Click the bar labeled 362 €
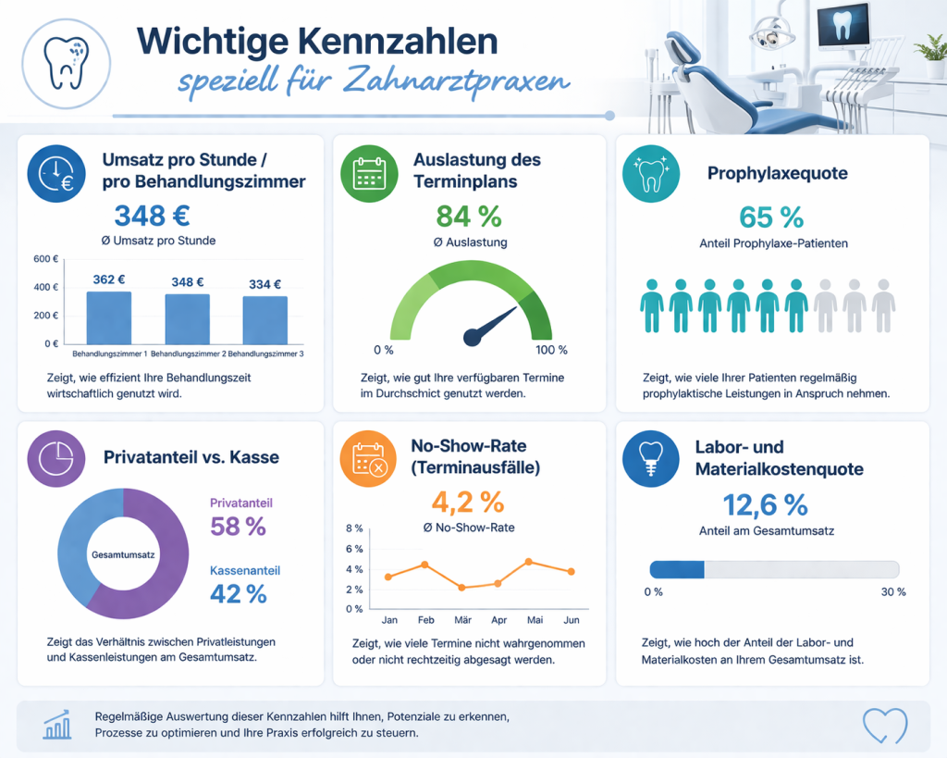coord(109,317)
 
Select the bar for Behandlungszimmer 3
coord(265,320)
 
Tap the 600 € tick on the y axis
coord(45,259)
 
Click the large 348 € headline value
coord(153,216)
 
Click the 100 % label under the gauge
coord(551,350)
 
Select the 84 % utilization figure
coord(469,217)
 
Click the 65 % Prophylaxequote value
coord(772,217)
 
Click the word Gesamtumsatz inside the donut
coord(123,553)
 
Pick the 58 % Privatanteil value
coord(239,527)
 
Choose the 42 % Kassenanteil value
coord(239,594)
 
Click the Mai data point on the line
coord(529,562)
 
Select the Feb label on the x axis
coord(425,619)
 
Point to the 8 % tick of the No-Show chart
coord(354,529)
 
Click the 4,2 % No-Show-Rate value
coord(468,503)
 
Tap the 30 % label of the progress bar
coord(893,591)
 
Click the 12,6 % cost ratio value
coord(765,504)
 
